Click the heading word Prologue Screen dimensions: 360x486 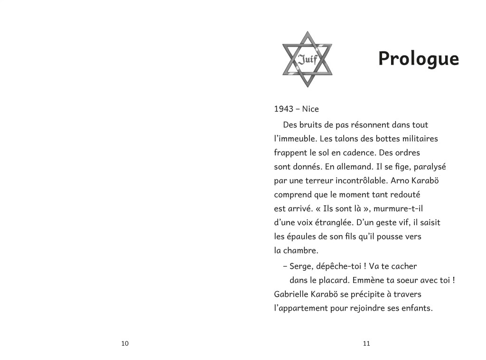[x=418, y=59]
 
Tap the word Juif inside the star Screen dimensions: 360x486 [x=307, y=59]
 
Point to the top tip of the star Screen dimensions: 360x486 [x=307, y=32]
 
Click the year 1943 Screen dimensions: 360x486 [x=283, y=109]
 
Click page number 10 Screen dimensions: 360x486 [x=125, y=343]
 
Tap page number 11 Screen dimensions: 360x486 [x=366, y=343]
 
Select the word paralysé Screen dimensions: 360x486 [x=426, y=167]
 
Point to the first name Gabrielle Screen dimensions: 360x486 [x=293, y=294]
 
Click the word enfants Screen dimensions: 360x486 [x=416, y=308]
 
